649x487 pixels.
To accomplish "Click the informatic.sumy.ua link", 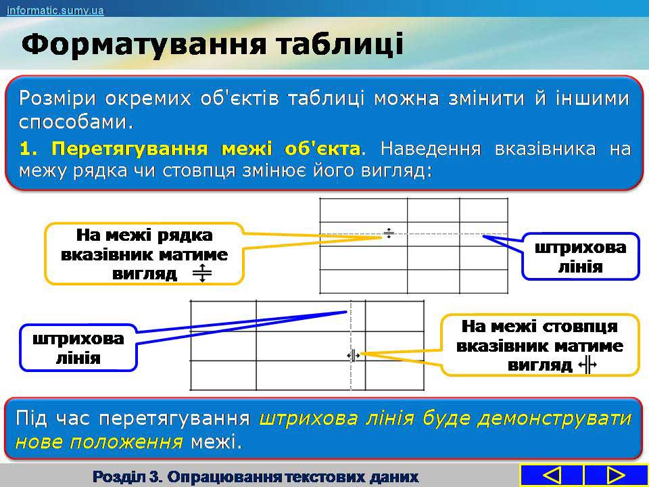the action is (55, 10).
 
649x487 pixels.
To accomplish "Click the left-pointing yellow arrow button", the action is (552, 476).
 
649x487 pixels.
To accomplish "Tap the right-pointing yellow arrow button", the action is (616, 476).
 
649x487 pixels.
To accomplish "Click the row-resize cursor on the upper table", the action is (388, 233).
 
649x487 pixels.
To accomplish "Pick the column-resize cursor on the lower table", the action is (354, 355).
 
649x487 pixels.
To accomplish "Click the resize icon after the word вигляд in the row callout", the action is (202, 273).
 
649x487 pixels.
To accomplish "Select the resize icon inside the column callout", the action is (587, 365).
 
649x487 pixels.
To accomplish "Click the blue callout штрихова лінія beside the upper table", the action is (580, 256).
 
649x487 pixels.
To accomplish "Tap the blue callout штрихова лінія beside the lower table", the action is (78, 348).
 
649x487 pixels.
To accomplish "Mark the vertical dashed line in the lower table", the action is (351, 346).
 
